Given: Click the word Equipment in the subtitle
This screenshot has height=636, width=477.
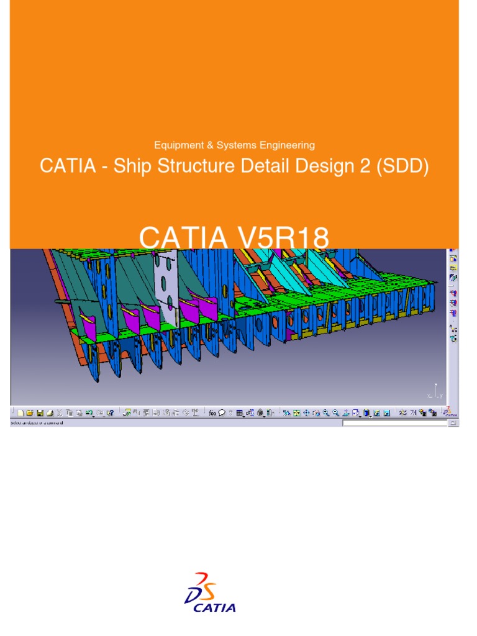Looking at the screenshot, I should [176, 145].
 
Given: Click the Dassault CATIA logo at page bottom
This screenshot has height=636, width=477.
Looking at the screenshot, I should [210, 593].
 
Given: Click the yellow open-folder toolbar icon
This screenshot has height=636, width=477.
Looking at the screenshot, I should [29, 412].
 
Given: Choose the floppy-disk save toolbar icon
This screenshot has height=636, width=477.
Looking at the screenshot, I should [40, 412].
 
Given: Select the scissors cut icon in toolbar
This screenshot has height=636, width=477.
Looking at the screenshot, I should [60, 412].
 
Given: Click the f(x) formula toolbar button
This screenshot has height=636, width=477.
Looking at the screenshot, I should [212, 412].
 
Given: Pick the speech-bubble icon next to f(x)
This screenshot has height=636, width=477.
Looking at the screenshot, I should [221, 412].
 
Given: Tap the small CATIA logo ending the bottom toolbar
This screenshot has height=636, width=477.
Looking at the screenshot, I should [450, 411].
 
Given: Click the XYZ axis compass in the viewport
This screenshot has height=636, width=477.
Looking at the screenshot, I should [435, 391].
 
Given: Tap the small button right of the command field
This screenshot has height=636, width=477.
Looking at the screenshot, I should [453, 423].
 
